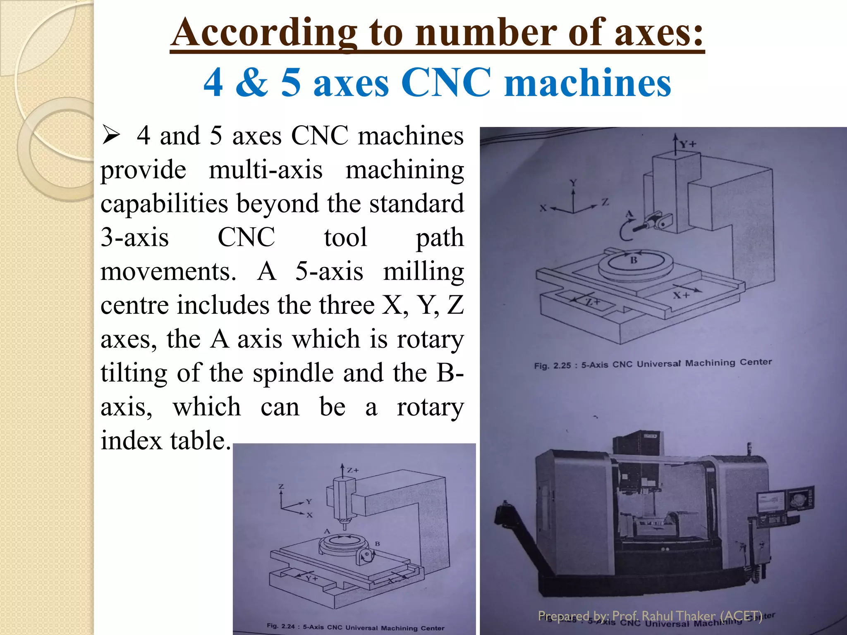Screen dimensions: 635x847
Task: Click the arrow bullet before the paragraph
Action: point(111,136)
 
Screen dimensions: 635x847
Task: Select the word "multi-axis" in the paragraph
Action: point(266,169)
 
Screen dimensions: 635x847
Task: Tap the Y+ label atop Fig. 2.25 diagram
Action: point(688,144)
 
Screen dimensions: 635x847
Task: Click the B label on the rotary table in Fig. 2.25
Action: point(634,260)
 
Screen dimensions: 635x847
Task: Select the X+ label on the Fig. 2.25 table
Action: point(681,295)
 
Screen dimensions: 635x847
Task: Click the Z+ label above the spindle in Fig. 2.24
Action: point(352,470)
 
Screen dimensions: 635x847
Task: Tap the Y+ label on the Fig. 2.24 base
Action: point(312,578)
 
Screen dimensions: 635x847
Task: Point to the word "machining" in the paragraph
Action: point(404,169)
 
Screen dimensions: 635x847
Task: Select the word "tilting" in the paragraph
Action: point(134,373)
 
